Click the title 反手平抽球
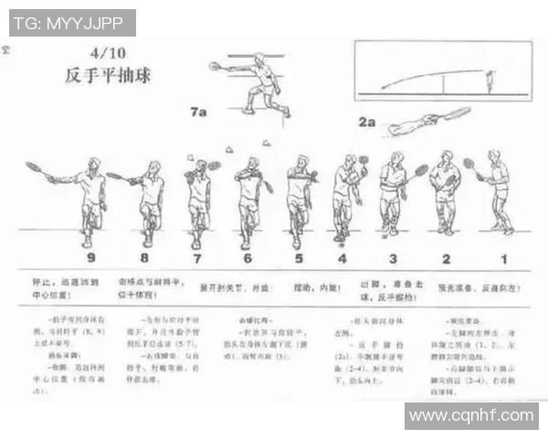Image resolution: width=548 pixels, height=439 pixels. point(108,75)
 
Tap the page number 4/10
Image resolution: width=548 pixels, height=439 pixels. point(107,52)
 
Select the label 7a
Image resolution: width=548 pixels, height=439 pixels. point(198,112)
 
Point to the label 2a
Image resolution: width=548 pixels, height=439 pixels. point(367,122)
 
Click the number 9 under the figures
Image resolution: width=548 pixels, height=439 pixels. point(90,259)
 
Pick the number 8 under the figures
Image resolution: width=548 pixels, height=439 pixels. point(146,259)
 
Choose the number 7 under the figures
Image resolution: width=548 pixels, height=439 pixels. point(196,259)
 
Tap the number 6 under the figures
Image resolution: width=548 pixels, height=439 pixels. point(247,259)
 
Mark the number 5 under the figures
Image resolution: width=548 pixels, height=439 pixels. point(297,259)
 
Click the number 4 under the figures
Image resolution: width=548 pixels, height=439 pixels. point(342,259)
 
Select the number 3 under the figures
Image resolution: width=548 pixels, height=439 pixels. point(393,259)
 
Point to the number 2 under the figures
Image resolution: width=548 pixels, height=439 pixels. point(447,259)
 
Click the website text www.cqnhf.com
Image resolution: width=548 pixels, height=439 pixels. point(470,416)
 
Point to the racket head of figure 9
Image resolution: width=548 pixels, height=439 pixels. point(33,167)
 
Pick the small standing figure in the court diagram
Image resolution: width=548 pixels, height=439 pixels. point(492,82)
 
